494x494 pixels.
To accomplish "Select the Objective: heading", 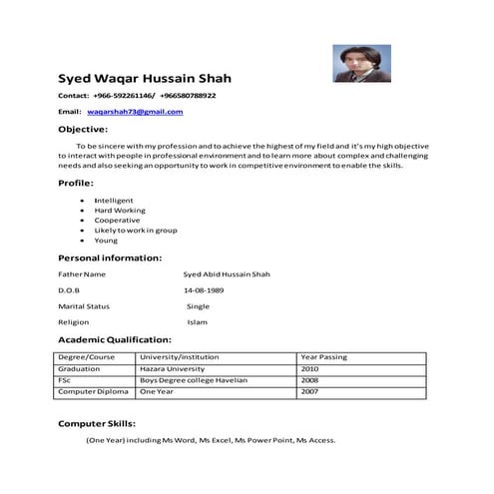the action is (x=83, y=130).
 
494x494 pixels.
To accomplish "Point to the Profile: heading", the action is (x=76, y=183).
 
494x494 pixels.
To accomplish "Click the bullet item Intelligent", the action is (x=113, y=201).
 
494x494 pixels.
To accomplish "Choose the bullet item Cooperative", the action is (x=117, y=221).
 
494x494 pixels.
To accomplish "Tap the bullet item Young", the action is (x=106, y=241).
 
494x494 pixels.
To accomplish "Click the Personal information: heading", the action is (x=109, y=257).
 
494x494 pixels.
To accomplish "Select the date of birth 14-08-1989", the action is (x=204, y=289).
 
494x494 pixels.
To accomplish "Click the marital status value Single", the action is (x=199, y=305).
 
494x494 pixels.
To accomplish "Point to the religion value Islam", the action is (x=197, y=322).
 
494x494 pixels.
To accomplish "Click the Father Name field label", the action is (x=82, y=273).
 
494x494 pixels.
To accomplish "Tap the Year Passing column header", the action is (x=323, y=356).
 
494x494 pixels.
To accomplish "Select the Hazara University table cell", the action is (x=179, y=368).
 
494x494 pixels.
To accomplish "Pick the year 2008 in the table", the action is (x=309, y=380).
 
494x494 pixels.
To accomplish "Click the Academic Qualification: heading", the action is (x=115, y=339).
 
